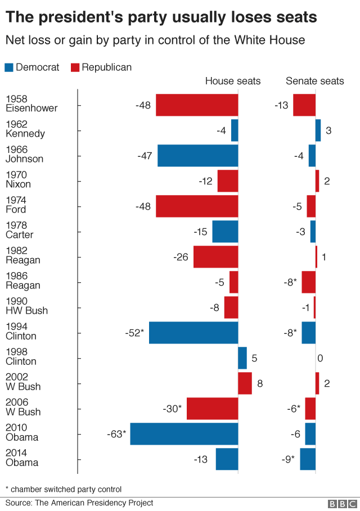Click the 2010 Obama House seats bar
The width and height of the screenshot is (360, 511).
point(184,434)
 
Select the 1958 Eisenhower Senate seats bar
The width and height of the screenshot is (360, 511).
point(304,105)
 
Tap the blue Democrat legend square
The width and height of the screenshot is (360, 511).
point(9,67)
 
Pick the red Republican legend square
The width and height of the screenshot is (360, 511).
point(75,67)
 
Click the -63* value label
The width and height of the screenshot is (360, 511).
point(116,434)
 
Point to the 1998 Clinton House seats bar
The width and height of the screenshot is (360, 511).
point(242,358)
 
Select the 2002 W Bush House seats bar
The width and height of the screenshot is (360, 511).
point(245,383)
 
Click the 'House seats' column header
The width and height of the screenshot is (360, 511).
point(232,81)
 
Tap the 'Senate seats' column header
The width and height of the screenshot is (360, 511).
point(314,81)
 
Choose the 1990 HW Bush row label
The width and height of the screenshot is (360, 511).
point(26,306)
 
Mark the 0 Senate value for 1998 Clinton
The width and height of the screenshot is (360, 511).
point(320,358)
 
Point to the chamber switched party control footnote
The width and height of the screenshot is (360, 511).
point(63,489)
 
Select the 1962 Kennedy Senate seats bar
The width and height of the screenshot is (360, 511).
point(318,130)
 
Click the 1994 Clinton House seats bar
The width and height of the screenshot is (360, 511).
point(193,333)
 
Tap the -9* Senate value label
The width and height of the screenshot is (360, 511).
point(289,459)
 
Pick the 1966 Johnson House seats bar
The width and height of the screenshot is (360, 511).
point(197,156)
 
